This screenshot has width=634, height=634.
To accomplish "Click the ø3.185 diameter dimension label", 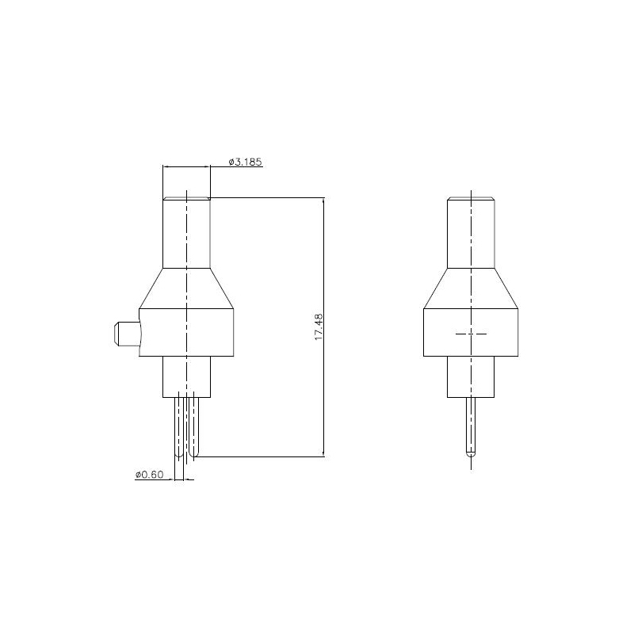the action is coord(246,162).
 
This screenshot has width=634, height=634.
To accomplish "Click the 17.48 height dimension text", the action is coord(319,327).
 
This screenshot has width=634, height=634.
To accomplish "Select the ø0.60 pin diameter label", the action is coord(150,474).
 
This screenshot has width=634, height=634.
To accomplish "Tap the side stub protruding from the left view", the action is coord(128,334).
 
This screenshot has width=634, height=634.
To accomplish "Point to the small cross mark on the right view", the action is coord(471,334).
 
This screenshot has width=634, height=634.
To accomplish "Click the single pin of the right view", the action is coord(471,427).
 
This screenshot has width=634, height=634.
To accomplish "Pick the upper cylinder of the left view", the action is coord(186,233).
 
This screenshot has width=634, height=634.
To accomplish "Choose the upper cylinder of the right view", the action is coord(471,233).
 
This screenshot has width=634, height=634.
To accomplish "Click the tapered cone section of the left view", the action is coord(186,288).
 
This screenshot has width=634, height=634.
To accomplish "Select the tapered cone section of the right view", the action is coord(471,288).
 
